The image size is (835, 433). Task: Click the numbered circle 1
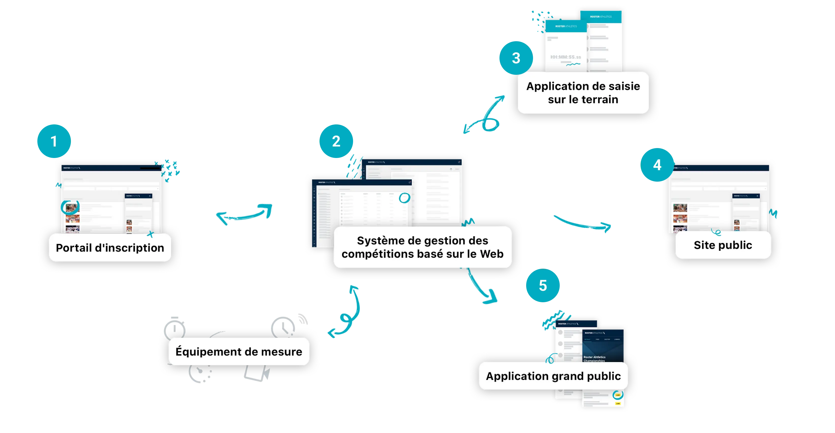coord(54,141)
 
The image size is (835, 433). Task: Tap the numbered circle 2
coord(336,141)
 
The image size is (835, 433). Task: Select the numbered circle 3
coord(516,58)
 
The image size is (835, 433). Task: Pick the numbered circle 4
coord(657,165)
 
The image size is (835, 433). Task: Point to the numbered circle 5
coord(543,286)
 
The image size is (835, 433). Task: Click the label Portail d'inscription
coord(110,248)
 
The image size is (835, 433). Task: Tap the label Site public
coord(723,245)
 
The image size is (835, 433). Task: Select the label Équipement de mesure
coord(239,352)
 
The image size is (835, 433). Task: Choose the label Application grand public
coord(553,376)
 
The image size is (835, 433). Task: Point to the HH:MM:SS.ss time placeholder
coord(565,57)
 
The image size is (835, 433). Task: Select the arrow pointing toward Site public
coord(583,224)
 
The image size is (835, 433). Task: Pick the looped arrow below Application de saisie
coord(486,115)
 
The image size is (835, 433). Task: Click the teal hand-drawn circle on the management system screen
coord(404,198)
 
